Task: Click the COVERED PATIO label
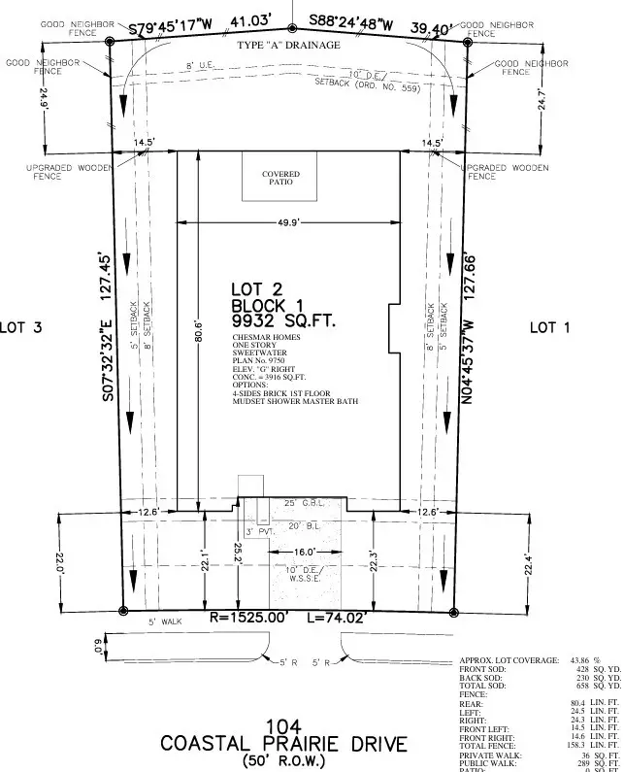[x=280, y=178]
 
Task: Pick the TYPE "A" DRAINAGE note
[x=289, y=46]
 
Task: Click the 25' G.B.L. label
[x=301, y=504]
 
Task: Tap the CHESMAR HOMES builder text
[x=266, y=338]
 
